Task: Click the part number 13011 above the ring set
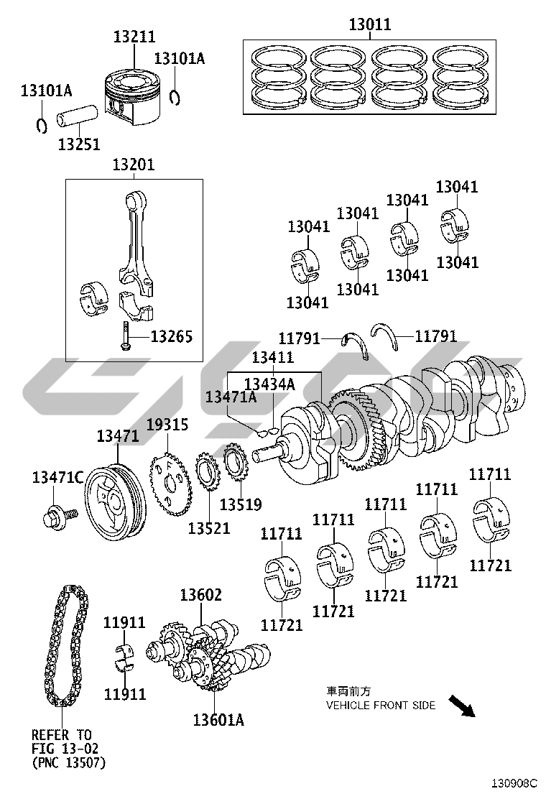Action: (370, 24)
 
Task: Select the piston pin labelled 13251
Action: (78, 119)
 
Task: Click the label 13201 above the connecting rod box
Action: (134, 165)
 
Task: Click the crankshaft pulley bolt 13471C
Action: (60, 516)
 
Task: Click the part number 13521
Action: (209, 528)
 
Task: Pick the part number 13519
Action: (241, 504)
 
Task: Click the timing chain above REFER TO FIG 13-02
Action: (65, 645)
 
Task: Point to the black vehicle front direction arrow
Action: (462, 706)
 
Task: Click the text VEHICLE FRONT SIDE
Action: (381, 706)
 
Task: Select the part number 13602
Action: (200, 595)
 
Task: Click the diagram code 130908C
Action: (514, 782)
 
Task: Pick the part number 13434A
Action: (269, 384)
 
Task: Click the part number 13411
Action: (273, 357)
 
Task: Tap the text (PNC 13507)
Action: (69, 763)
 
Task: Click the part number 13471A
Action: (231, 397)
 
